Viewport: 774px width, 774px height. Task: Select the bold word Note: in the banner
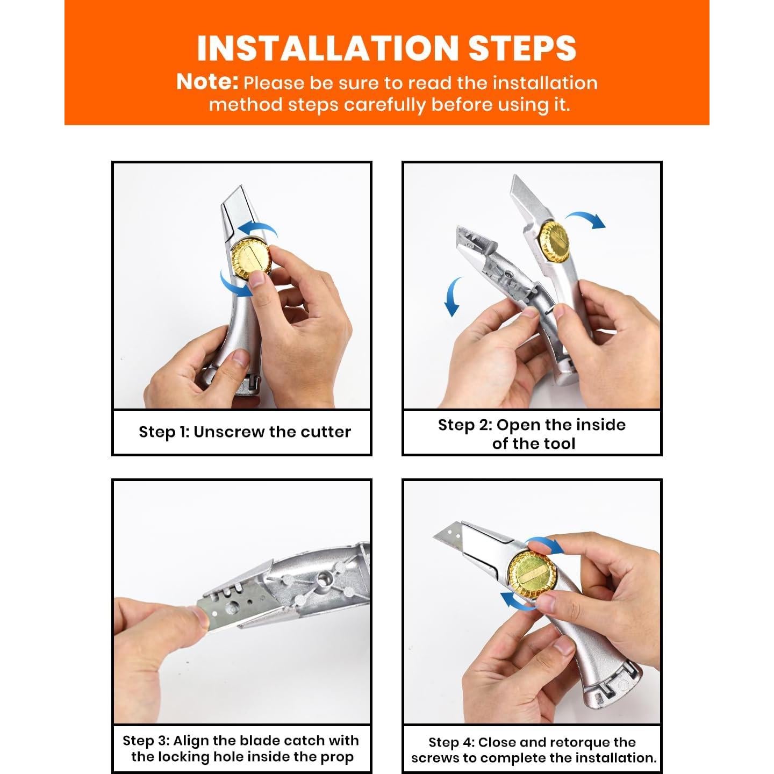point(207,82)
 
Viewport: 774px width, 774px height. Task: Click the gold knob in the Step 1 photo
point(252,260)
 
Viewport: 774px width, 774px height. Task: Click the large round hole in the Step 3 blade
point(232,609)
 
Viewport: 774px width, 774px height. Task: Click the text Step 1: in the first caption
point(163,432)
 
